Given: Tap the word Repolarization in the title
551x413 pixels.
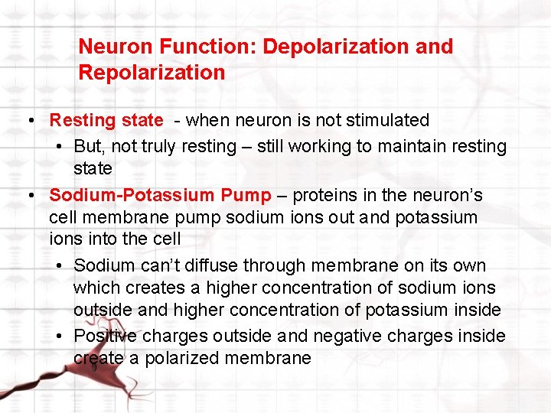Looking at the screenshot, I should coord(152,73).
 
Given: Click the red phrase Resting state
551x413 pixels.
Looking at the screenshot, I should coord(106,120).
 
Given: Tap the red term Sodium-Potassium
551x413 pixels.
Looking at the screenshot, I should coord(132,195).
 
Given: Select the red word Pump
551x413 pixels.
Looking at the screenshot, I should coord(246,195).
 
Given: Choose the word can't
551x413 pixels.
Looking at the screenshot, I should coord(161,265).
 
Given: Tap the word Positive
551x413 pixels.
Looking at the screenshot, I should coord(105,336).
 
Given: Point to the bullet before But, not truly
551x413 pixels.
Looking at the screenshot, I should coord(60,147).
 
